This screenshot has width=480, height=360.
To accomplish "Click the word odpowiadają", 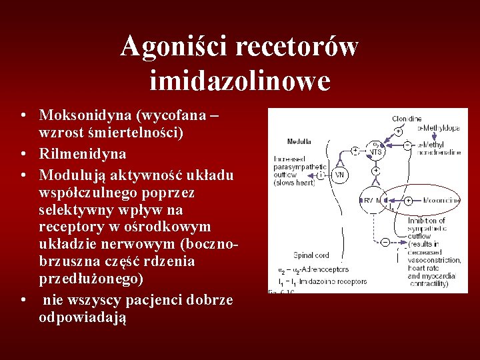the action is click(x=83, y=317).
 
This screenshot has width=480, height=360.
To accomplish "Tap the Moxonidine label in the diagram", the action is click(x=440, y=199).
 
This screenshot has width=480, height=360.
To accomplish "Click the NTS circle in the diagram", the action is click(x=377, y=150).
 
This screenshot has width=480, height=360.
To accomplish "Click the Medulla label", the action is click(x=299, y=141).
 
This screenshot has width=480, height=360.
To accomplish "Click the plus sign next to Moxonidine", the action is click(x=407, y=199).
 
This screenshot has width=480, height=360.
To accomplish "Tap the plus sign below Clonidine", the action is click(x=398, y=131).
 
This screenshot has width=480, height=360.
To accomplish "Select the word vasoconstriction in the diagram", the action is click(x=435, y=260).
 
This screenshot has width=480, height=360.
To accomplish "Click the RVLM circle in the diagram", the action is click(x=371, y=200).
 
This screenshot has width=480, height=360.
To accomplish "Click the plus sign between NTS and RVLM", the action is click(x=376, y=171).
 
